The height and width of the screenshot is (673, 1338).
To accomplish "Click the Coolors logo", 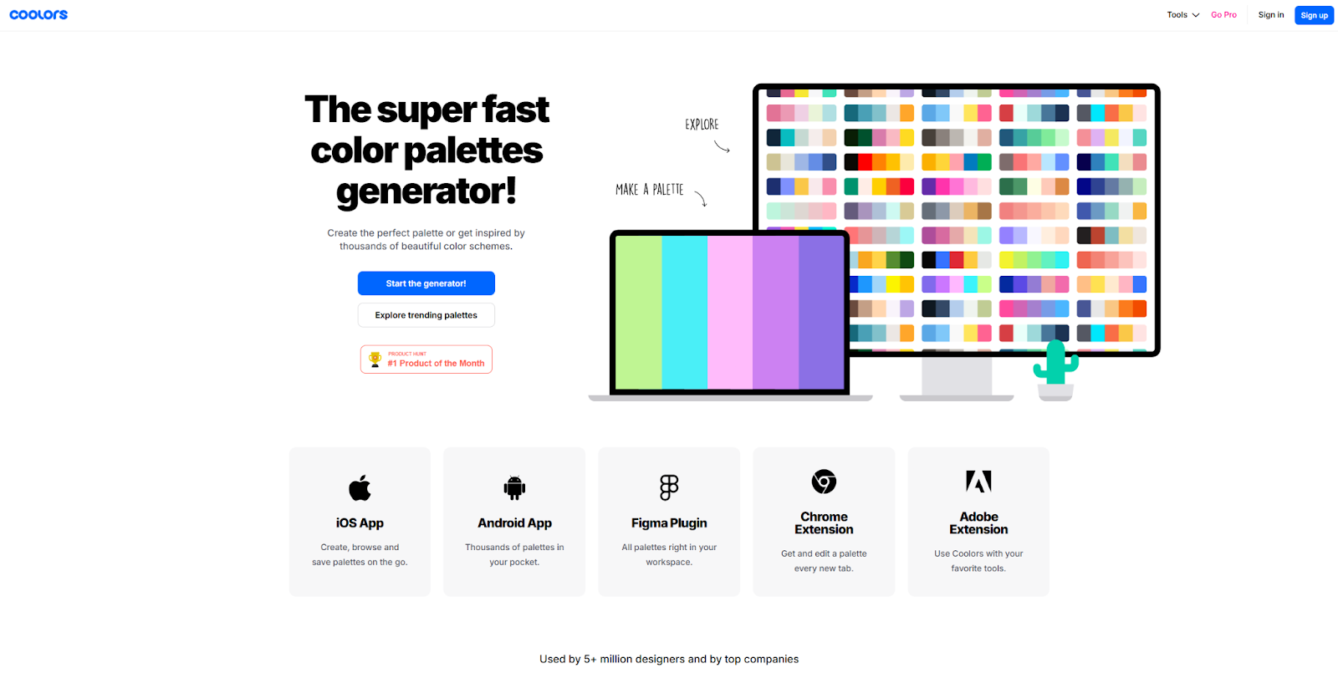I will pyautogui.click(x=38, y=15).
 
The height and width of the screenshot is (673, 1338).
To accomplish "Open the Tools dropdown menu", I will pyautogui.click(x=1182, y=15).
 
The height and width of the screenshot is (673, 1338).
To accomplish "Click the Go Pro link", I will pyautogui.click(x=1223, y=15).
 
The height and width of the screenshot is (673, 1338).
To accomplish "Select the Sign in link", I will pyautogui.click(x=1270, y=15).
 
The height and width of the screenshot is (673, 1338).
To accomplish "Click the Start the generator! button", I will pyautogui.click(x=426, y=283).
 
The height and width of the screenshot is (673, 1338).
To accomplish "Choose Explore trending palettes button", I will pyautogui.click(x=426, y=315).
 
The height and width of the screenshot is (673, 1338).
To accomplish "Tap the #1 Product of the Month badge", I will pyautogui.click(x=426, y=359).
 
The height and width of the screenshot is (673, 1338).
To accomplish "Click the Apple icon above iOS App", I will pyautogui.click(x=360, y=487).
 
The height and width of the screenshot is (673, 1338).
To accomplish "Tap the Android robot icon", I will pyautogui.click(x=514, y=487).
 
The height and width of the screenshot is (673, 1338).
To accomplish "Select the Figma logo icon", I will pyautogui.click(x=669, y=487).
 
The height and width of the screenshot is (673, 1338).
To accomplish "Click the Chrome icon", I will pyautogui.click(x=824, y=482).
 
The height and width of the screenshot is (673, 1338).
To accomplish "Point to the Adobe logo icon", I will pyautogui.click(x=978, y=482).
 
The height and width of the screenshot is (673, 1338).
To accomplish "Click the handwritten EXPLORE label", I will pyautogui.click(x=702, y=125).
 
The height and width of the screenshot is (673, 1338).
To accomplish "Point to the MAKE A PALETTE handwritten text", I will pyautogui.click(x=650, y=190).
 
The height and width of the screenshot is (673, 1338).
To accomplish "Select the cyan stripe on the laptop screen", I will pyautogui.click(x=684, y=312).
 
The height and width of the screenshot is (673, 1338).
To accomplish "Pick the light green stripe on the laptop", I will pyautogui.click(x=639, y=312).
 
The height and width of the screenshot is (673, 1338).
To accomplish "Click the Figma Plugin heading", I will pyautogui.click(x=669, y=523).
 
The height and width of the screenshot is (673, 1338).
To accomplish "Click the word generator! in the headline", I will pyautogui.click(x=426, y=191).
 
